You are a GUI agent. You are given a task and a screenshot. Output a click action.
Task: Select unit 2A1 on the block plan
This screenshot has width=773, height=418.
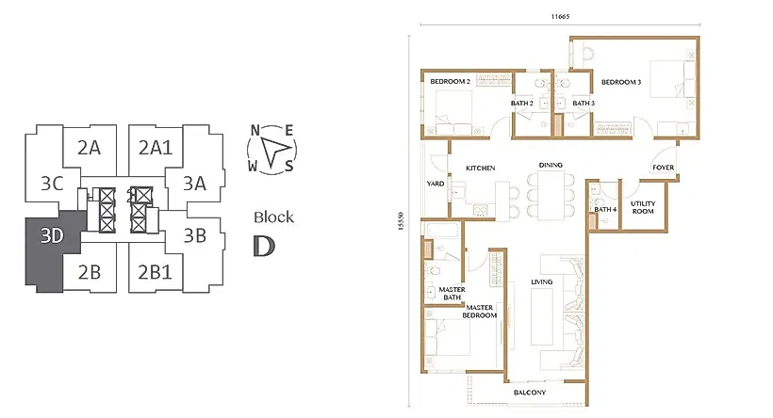pos(156,147)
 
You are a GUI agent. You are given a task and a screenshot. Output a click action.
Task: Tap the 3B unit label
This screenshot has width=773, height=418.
pos(195,236)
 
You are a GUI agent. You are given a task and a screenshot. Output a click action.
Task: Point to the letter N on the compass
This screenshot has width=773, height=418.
pos(255,131)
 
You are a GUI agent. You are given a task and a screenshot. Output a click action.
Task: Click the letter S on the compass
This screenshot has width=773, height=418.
pos(288,167)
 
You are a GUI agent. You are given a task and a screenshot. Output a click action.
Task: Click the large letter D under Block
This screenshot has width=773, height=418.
pos(264,246)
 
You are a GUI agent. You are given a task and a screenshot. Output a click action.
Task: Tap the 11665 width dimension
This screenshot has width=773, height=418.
pos(561,16)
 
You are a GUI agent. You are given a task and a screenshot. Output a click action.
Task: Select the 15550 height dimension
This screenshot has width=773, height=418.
pos(401,221)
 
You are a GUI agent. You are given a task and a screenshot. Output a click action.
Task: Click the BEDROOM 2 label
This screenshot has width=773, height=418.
pos(450,81)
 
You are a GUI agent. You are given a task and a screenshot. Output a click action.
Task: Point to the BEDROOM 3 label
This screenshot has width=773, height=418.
pos(621,82)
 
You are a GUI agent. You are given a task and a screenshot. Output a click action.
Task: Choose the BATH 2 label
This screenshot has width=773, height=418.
pos(522,103)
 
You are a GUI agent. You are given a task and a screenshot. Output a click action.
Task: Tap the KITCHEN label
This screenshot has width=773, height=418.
pos(481,168)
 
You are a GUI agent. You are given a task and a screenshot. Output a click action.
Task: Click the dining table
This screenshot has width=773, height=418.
pos(551,197)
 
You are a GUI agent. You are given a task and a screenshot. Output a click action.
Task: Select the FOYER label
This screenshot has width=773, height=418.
pos(664,168)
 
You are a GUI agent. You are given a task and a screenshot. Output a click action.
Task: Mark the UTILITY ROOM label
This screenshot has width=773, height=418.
pos(643,207)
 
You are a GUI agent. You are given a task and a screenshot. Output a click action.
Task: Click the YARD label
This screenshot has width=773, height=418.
pos(436,184)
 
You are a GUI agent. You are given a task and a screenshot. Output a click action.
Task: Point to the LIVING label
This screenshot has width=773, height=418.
pos(542,281)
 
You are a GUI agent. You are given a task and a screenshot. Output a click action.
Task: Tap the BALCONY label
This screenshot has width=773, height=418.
pos(530,393)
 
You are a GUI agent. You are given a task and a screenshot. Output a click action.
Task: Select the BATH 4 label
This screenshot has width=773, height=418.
pos(605,209)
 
